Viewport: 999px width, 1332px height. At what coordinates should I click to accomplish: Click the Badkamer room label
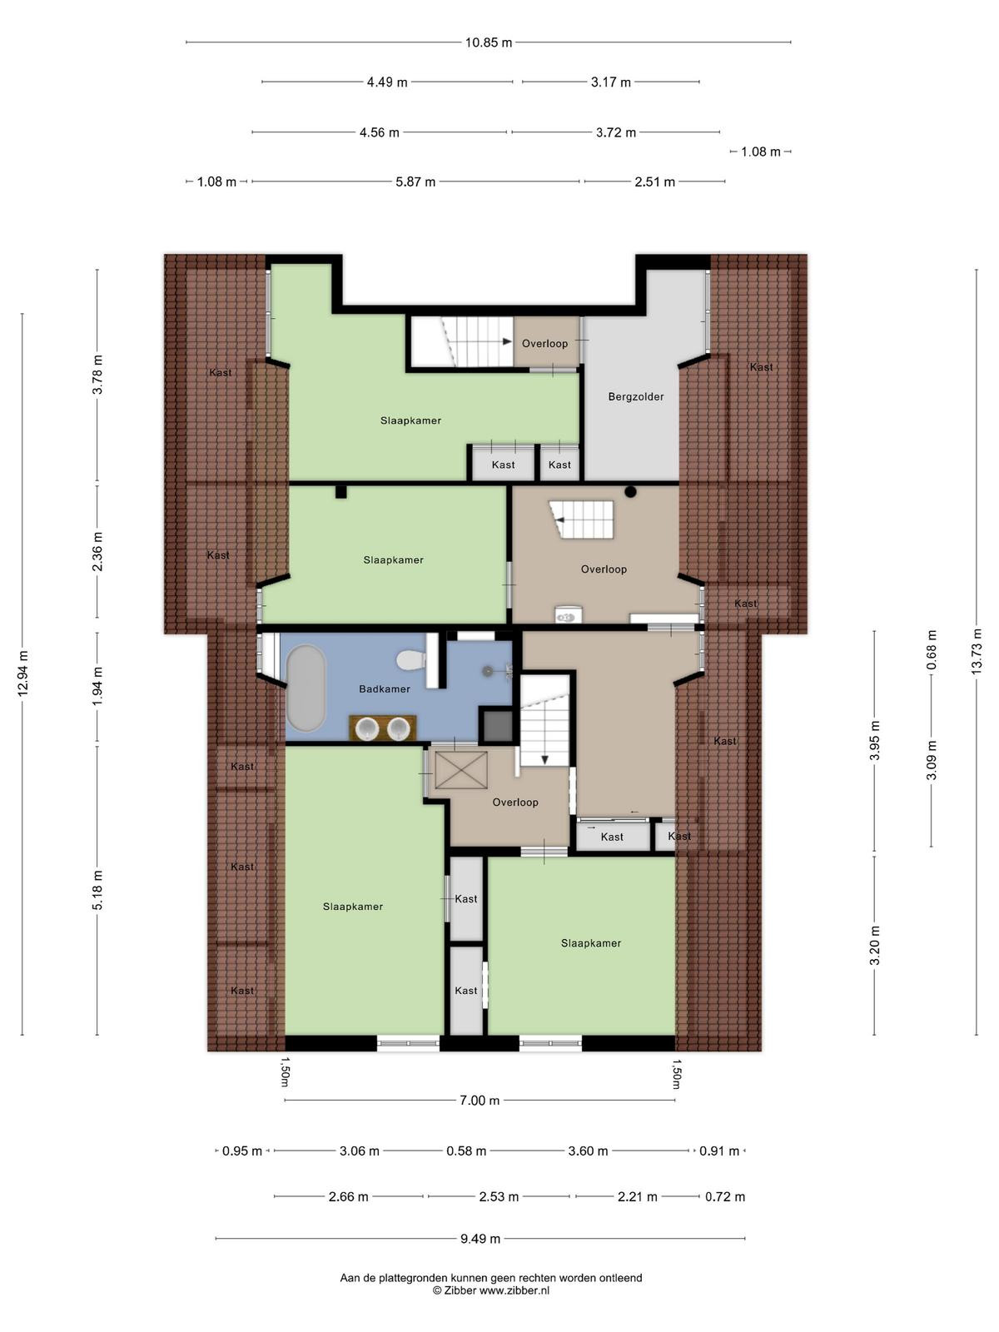coord(384,688)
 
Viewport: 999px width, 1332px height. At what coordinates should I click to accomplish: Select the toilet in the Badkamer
coord(410,660)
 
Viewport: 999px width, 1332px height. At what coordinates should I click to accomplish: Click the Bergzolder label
coord(636,396)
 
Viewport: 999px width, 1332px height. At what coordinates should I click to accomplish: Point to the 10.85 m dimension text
coord(489,42)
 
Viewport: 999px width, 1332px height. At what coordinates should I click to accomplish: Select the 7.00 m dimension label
coord(480,1101)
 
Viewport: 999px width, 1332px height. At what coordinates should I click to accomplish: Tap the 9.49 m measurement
coord(480,1239)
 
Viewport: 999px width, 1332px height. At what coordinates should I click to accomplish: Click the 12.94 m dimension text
coord(22,673)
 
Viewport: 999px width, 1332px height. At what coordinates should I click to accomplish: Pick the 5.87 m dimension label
coord(415,181)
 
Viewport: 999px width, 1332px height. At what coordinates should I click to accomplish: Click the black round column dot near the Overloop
coord(630,492)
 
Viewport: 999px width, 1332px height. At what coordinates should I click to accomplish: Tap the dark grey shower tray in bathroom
coord(497,724)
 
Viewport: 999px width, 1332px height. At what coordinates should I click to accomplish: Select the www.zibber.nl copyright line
coord(490,1290)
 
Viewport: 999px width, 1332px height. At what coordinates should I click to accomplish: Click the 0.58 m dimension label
coord(466,1151)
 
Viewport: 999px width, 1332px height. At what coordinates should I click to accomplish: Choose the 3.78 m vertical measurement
coord(97,375)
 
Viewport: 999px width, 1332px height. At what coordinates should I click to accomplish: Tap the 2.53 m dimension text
coord(499,1196)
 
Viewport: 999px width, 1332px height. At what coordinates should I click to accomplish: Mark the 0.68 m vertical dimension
coord(932,650)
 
